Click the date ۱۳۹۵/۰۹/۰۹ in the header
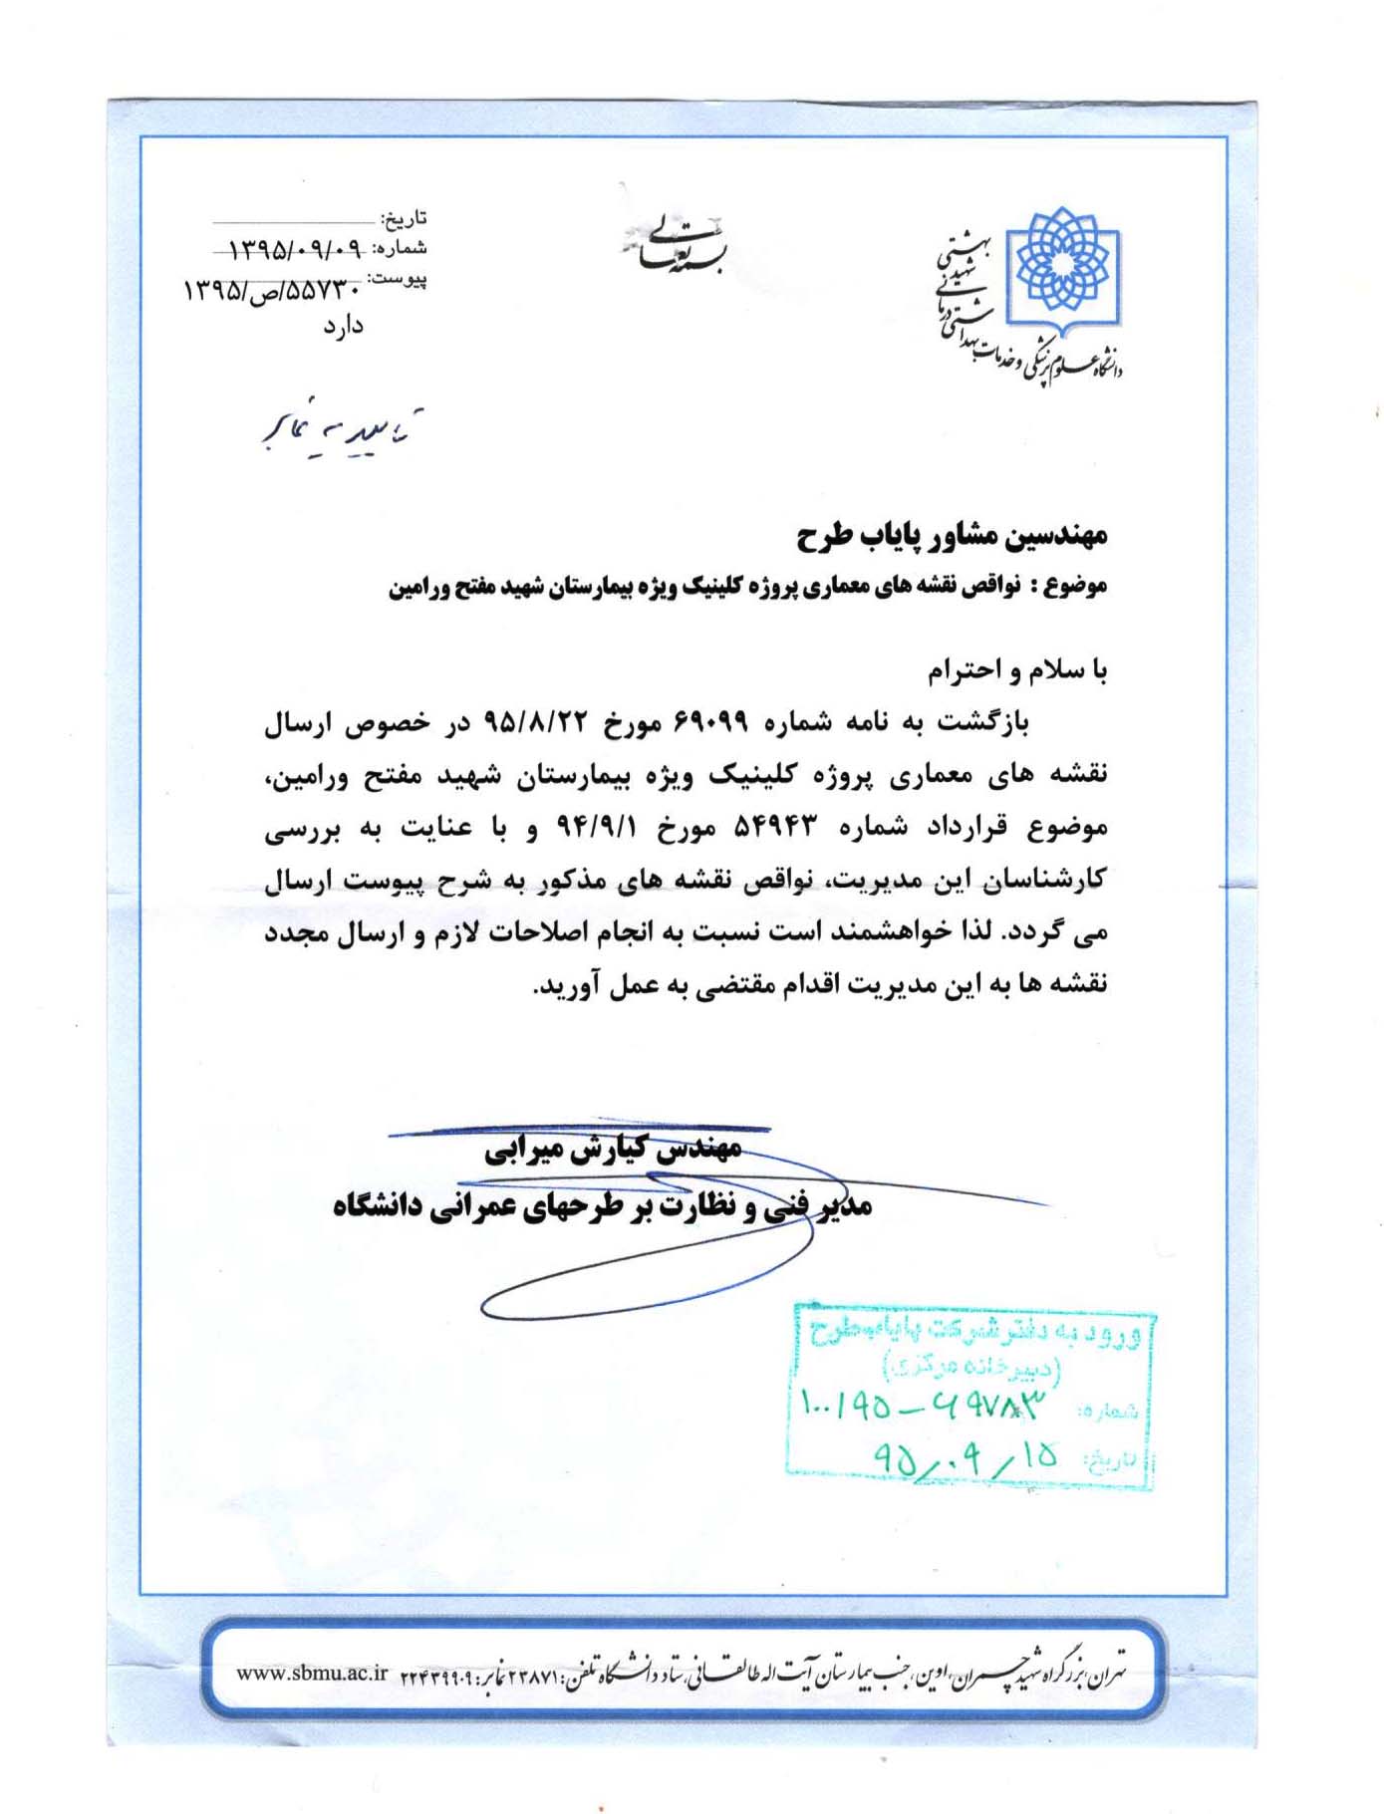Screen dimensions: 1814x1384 tap(295, 248)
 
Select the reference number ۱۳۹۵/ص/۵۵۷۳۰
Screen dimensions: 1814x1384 tap(271, 291)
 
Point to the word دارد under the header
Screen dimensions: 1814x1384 tap(343, 326)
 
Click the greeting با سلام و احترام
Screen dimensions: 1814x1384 tap(1017, 671)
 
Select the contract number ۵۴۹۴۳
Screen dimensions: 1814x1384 tap(775, 827)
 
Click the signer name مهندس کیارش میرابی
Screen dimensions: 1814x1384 tap(613, 1150)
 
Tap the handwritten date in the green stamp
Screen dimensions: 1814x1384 tap(965, 1457)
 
